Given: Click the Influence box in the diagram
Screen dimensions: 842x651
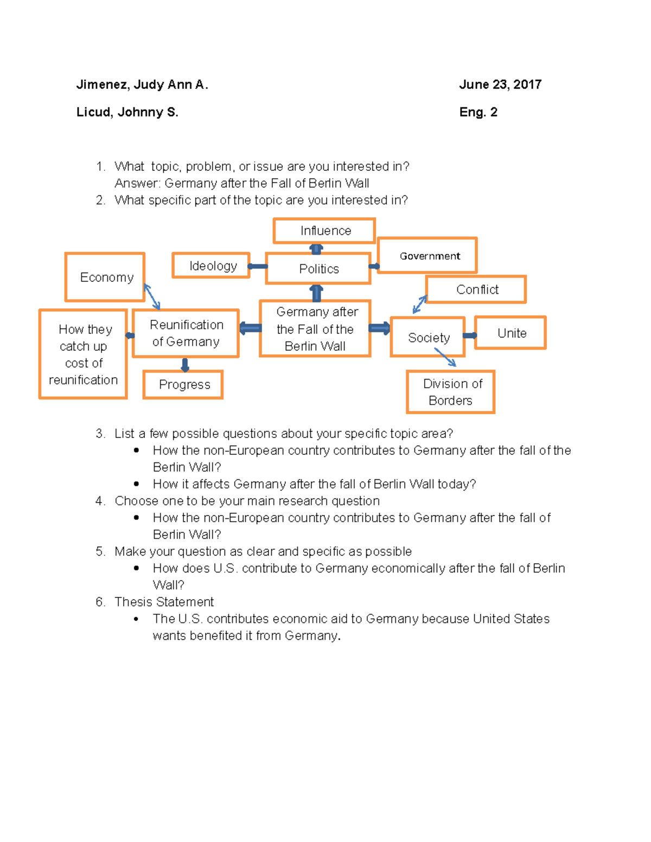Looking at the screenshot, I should point(324,231).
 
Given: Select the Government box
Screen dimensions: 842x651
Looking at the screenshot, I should point(427,255).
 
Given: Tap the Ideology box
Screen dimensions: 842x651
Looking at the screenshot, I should point(211,266).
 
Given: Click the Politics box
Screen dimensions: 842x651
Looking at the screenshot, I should point(318,268).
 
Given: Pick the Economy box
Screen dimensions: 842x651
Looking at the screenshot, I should point(105,277).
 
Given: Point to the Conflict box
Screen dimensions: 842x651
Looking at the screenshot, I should point(476,290).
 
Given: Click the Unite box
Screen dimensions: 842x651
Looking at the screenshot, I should point(510,333).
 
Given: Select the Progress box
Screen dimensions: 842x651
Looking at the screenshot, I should point(183,384).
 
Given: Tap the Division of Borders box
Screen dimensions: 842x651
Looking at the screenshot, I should point(451,392).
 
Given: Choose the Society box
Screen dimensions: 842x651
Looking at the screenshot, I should point(427,337).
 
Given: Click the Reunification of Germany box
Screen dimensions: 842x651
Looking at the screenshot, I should point(186,333).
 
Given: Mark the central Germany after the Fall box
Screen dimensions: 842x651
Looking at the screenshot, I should point(315,329).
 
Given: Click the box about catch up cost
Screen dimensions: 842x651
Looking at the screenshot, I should point(83,354).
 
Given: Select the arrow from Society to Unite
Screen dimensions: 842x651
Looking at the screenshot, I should point(470,336).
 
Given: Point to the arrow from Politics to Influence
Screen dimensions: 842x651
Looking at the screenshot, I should point(316,249).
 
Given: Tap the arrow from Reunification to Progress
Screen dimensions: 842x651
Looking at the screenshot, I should point(185,364).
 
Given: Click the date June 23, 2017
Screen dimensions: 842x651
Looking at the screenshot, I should point(500,85).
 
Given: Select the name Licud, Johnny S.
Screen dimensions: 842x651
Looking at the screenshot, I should point(127,112).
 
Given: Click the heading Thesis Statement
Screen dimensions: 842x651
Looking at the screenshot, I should point(164,602).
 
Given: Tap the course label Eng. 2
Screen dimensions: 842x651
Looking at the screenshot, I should point(478,112).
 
